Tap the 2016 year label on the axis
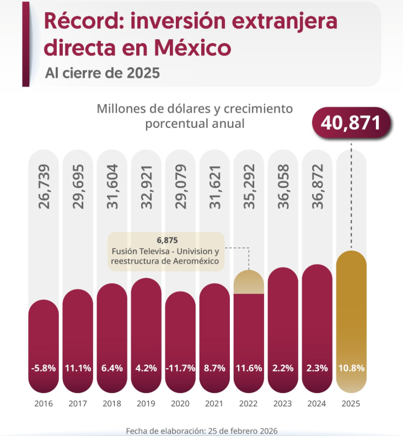point(44,403)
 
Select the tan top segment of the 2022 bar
point(249,282)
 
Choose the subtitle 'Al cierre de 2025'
point(103,73)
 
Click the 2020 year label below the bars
point(180,403)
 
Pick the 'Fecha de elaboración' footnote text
point(201,430)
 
